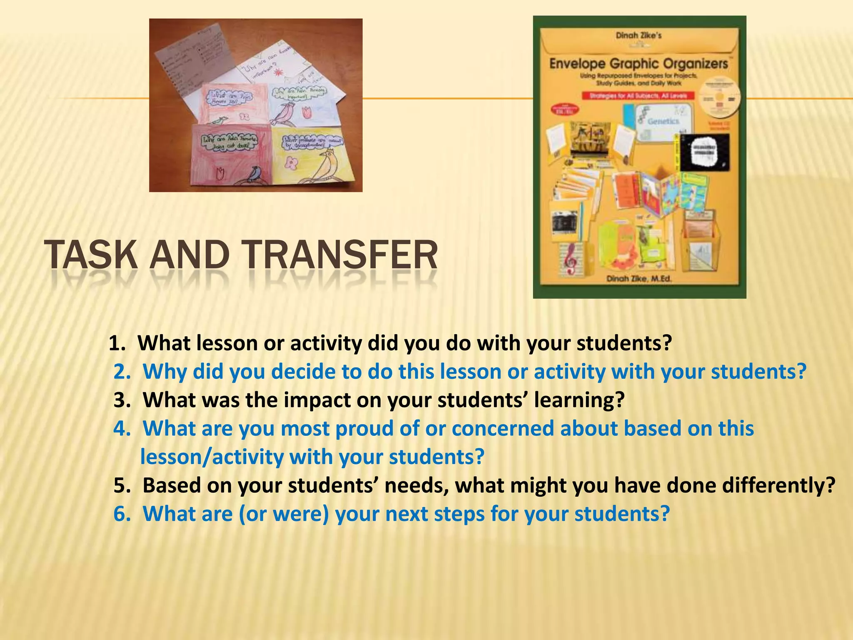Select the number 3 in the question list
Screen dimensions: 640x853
pyautogui.click(x=122, y=400)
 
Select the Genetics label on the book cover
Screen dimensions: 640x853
pyautogui.click(x=663, y=121)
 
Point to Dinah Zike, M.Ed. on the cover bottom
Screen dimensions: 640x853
pyautogui.click(x=639, y=278)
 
